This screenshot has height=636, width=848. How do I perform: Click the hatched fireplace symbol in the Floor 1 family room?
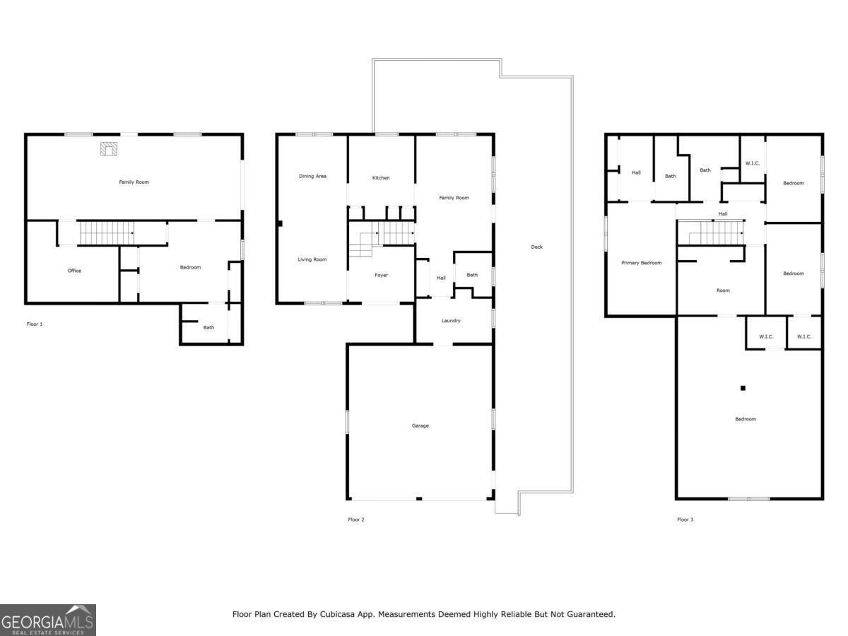[109, 148]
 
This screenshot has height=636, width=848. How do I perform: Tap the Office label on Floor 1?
[75, 271]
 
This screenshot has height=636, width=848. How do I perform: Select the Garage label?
[420, 425]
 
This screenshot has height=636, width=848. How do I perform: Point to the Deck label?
[536, 247]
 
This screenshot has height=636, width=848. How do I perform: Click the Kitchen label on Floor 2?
[380, 177]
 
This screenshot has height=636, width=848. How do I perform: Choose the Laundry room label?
[451, 321]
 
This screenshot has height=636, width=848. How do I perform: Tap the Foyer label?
[381, 275]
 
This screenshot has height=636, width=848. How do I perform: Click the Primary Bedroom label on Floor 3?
[642, 263]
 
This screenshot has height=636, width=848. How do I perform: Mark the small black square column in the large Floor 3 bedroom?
[743, 388]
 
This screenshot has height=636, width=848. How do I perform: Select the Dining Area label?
[312, 176]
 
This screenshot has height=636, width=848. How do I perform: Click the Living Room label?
[312, 259]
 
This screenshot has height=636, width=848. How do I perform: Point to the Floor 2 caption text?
[356, 519]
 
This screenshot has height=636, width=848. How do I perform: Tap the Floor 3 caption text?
[685, 519]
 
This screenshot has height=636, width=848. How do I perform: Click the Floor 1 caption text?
[35, 324]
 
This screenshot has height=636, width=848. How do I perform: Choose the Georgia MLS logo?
[48, 620]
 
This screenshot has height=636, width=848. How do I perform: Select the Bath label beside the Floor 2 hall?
[472, 275]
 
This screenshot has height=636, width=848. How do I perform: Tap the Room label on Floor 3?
[723, 290]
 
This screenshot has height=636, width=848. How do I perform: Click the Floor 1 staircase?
[107, 233]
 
